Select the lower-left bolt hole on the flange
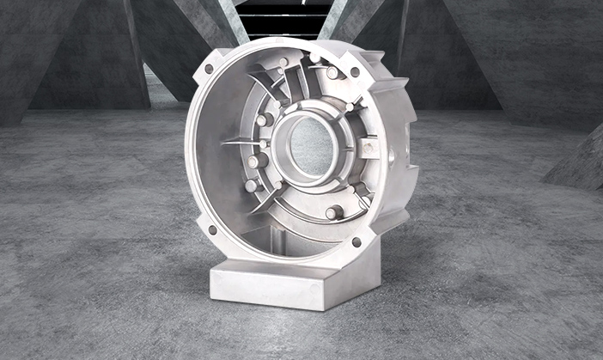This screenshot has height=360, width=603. pos(212,229)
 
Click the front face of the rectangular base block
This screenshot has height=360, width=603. pos(267,287)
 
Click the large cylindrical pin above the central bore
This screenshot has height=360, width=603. pos(332,73)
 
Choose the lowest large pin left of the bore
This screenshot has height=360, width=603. pos(251,185)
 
